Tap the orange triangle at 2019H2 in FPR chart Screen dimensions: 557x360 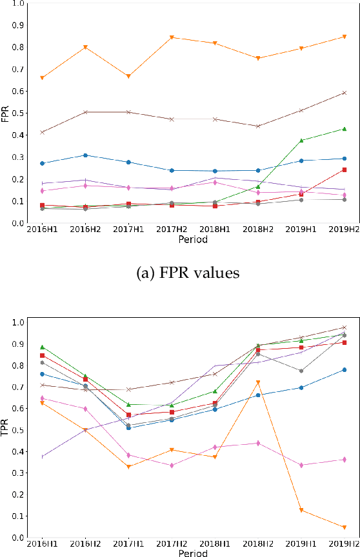[345, 37]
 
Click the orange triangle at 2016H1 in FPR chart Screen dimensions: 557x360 [43, 78]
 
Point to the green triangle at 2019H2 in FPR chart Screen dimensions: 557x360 [345, 129]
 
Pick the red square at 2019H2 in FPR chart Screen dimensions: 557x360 [345, 170]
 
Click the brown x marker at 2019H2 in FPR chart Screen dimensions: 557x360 [345, 93]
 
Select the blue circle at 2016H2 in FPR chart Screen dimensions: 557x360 [85, 155]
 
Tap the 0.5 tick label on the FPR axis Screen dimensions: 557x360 [19, 113]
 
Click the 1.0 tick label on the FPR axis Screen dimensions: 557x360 [19, 3]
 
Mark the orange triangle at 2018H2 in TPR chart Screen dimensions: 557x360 [258, 383]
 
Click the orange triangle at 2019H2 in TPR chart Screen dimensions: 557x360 [345, 527]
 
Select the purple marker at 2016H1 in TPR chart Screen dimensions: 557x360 [43, 456]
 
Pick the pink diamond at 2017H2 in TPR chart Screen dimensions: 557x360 [172, 465]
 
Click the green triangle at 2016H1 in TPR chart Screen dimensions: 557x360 [43, 347]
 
